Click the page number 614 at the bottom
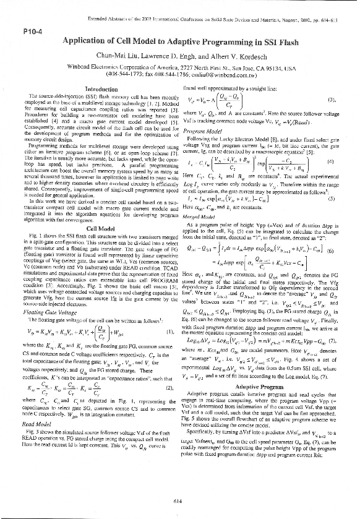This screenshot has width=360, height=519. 180,501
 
